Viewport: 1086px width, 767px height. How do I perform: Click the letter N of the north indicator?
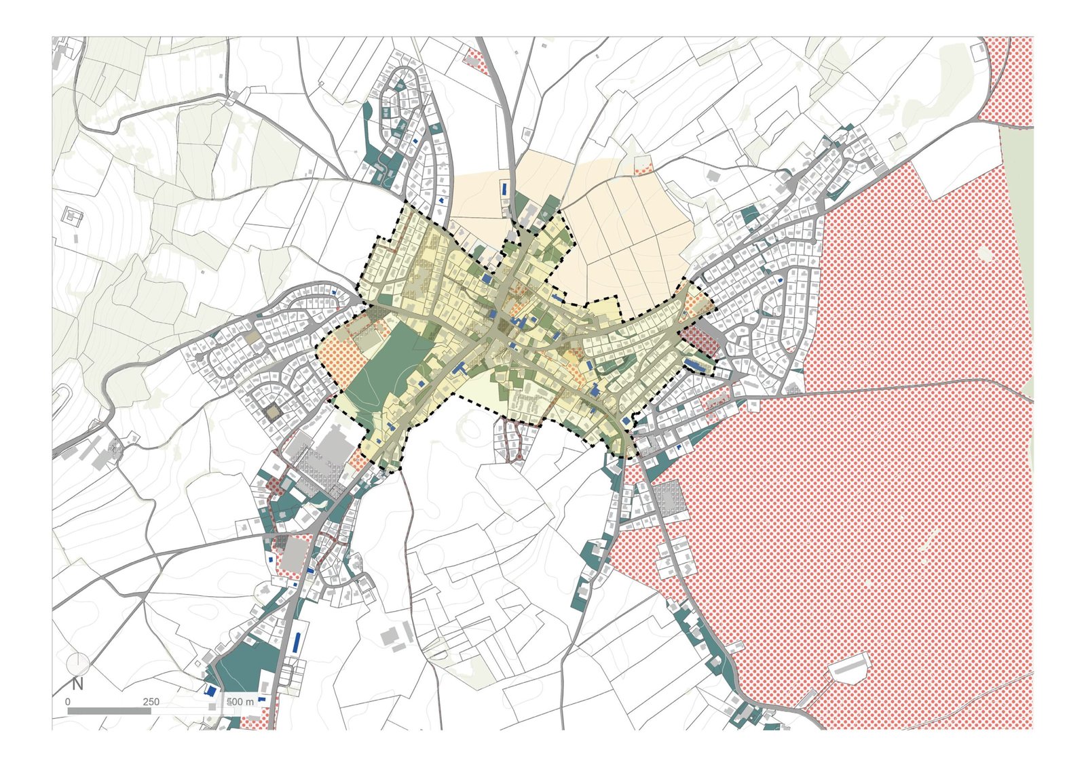pos(77,684)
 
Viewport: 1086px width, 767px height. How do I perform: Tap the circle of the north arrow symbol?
pos(78,663)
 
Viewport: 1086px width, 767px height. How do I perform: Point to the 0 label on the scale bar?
pos(68,701)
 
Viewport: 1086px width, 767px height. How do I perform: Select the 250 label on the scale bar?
pos(151,701)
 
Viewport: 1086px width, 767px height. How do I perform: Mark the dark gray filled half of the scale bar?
pos(109,711)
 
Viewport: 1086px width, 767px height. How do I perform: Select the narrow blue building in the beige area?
pos(504,187)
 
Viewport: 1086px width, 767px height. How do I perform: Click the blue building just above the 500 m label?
pos(210,690)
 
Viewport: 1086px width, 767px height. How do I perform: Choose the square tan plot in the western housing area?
pos(274,412)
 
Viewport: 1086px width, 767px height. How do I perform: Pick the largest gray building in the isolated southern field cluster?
pos(390,636)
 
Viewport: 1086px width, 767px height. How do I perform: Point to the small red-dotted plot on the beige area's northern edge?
pos(642,164)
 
